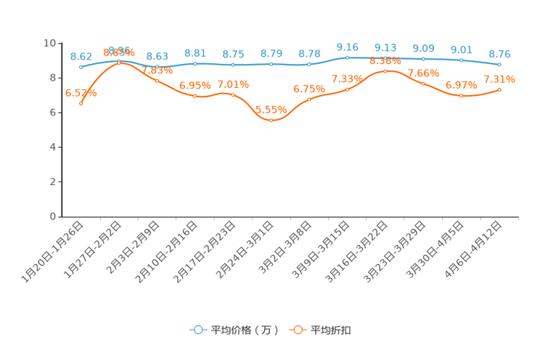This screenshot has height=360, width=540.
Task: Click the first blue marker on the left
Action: (x=81, y=67)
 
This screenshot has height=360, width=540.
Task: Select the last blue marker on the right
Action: (x=499, y=65)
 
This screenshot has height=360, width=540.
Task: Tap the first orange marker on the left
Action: (x=81, y=104)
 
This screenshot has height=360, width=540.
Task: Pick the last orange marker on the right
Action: (x=499, y=89)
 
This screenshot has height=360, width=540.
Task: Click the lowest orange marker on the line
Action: (x=271, y=120)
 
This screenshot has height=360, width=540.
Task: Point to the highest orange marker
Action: (x=119, y=63)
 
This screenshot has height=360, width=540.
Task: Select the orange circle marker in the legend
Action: (x=297, y=330)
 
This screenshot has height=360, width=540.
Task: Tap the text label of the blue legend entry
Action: (x=244, y=330)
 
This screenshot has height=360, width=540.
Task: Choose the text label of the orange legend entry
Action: (x=332, y=330)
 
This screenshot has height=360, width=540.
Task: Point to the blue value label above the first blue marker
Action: (x=81, y=56)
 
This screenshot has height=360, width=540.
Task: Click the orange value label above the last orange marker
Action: (x=499, y=78)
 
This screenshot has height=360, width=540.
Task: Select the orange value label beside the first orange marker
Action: (x=81, y=93)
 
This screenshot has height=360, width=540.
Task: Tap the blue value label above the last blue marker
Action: (x=499, y=53)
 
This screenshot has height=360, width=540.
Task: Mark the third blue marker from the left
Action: (x=157, y=67)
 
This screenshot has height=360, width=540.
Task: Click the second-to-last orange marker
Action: (x=461, y=96)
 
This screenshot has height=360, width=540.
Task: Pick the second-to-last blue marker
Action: (x=461, y=60)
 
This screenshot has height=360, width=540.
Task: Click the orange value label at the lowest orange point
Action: (x=271, y=110)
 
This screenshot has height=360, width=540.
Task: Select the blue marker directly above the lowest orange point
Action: (x=271, y=65)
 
